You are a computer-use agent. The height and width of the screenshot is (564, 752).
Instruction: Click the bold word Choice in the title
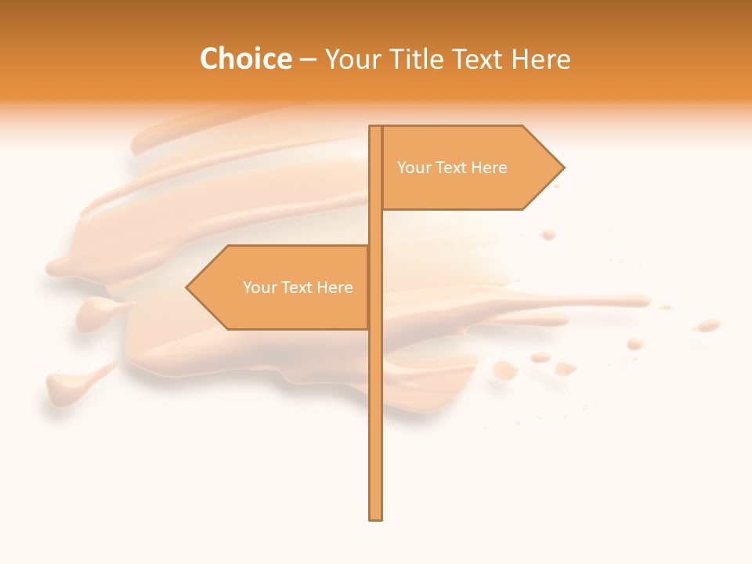point(245,60)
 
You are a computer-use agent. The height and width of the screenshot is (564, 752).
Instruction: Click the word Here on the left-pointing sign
point(334,287)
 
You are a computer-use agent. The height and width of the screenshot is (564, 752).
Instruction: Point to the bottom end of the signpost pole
point(375,517)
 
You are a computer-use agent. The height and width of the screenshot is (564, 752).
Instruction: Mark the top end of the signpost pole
point(375,128)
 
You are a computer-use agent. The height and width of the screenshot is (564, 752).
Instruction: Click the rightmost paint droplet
point(709,324)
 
